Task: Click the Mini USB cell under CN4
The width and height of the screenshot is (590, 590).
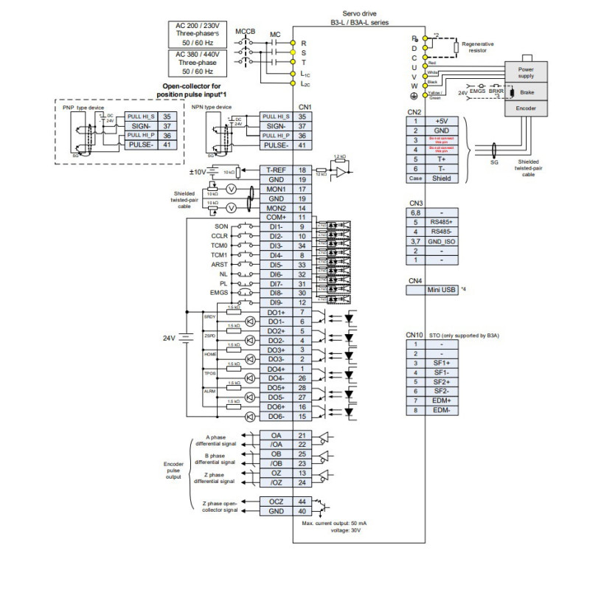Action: click(441, 290)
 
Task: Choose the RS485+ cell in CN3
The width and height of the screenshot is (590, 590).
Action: click(441, 221)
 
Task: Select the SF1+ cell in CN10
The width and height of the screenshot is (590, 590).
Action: click(442, 363)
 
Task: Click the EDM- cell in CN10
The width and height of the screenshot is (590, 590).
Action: click(442, 410)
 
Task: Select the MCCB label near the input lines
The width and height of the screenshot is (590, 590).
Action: click(246, 32)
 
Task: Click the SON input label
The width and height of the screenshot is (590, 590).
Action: click(221, 226)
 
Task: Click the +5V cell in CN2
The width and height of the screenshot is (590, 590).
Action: click(441, 121)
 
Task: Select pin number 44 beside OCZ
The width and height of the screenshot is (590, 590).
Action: click(302, 502)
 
